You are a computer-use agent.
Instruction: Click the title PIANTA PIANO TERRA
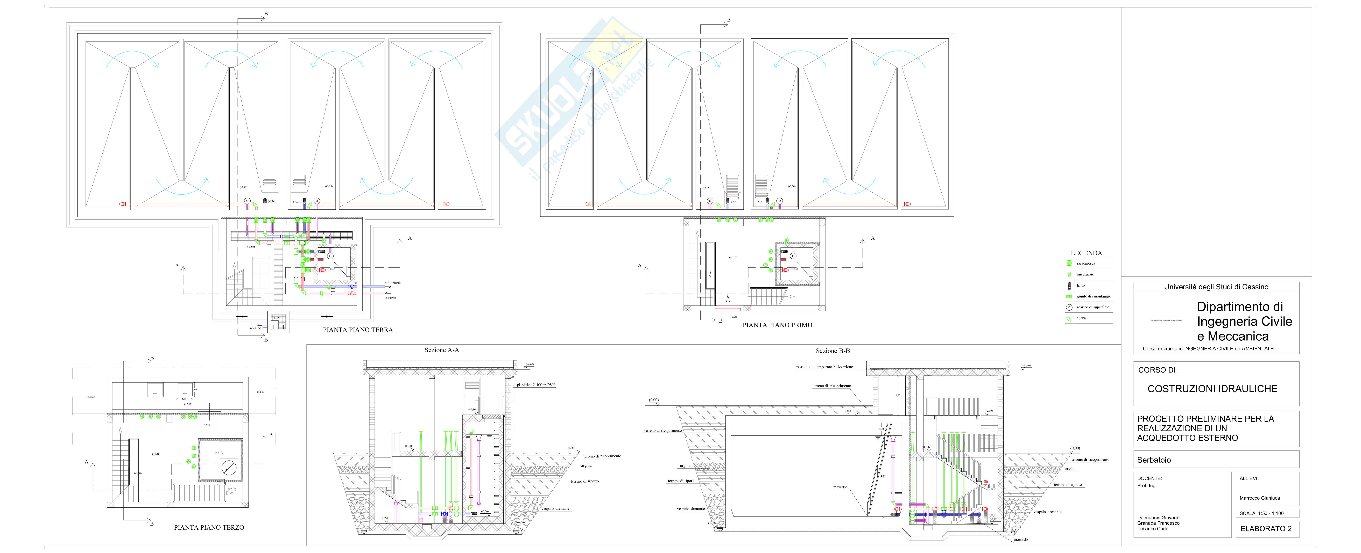(x=358, y=330)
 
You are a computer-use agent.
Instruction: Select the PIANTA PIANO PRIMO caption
(x=777, y=325)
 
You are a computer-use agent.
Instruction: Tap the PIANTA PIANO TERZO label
(x=209, y=527)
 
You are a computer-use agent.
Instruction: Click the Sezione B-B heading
(x=833, y=351)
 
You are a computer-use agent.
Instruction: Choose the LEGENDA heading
(x=1086, y=253)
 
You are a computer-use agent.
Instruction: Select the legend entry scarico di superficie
(x=1093, y=307)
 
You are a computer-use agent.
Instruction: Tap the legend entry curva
(x=1081, y=318)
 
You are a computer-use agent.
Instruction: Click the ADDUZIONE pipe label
(x=393, y=283)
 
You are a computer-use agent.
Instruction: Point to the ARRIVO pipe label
(x=390, y=299)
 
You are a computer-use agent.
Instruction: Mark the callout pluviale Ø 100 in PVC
(x=536, y=385)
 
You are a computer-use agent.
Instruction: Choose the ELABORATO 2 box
(x=1266, y=528)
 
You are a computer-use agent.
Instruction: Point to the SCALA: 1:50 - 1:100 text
(x=1262, y=513)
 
